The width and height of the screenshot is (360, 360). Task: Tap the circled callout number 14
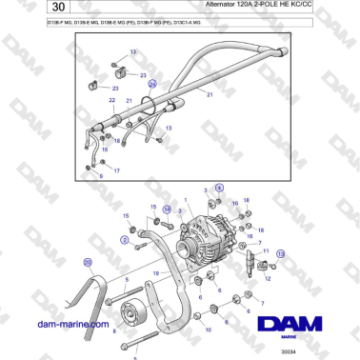pyautogui.click(x=167, y=209)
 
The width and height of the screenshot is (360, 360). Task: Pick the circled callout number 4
pyautogui.click(x=218, y=190)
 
